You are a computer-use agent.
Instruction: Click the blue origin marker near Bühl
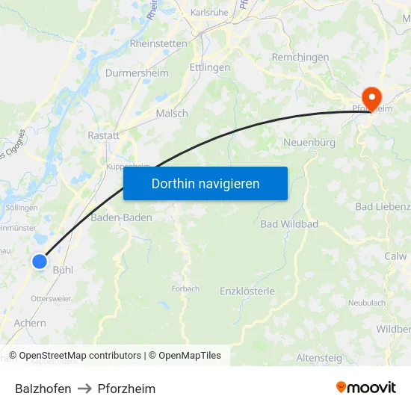40,261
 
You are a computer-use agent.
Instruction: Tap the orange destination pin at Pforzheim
371,97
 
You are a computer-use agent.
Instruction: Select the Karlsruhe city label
209,13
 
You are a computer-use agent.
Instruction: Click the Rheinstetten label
158,43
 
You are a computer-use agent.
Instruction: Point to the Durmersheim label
137,73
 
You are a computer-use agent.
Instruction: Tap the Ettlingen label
210,67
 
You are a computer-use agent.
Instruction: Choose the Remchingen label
300,58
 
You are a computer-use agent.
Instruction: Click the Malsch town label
172,114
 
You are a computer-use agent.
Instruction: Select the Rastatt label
104,135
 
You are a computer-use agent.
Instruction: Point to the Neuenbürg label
309,142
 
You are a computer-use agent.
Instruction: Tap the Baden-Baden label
121,217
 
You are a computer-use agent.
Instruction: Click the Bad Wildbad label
289,224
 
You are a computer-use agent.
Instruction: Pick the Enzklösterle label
247,291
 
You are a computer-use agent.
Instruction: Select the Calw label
395,256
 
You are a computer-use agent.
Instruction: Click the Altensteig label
319,358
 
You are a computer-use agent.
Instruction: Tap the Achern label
30,324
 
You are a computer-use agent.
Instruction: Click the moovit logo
365,387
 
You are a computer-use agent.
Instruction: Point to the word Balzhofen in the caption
43,389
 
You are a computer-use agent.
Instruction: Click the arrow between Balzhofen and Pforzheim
84,389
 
